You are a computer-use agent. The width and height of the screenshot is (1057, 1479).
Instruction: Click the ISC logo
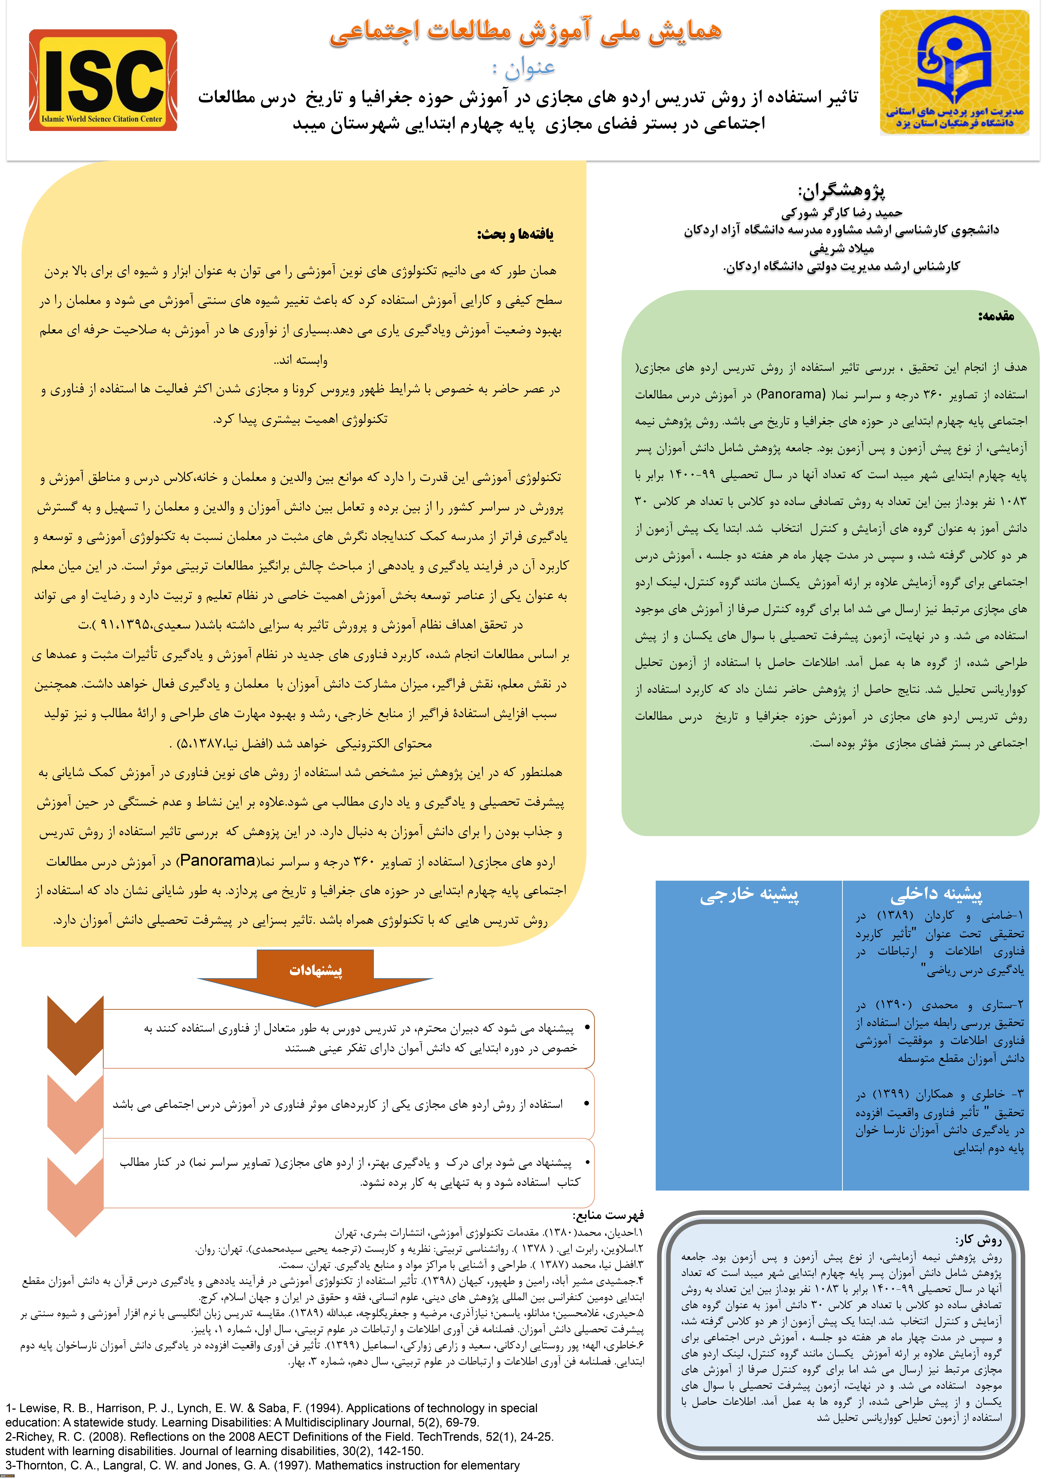[103, 80]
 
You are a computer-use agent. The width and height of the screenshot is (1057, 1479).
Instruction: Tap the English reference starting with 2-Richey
[280, 1436]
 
